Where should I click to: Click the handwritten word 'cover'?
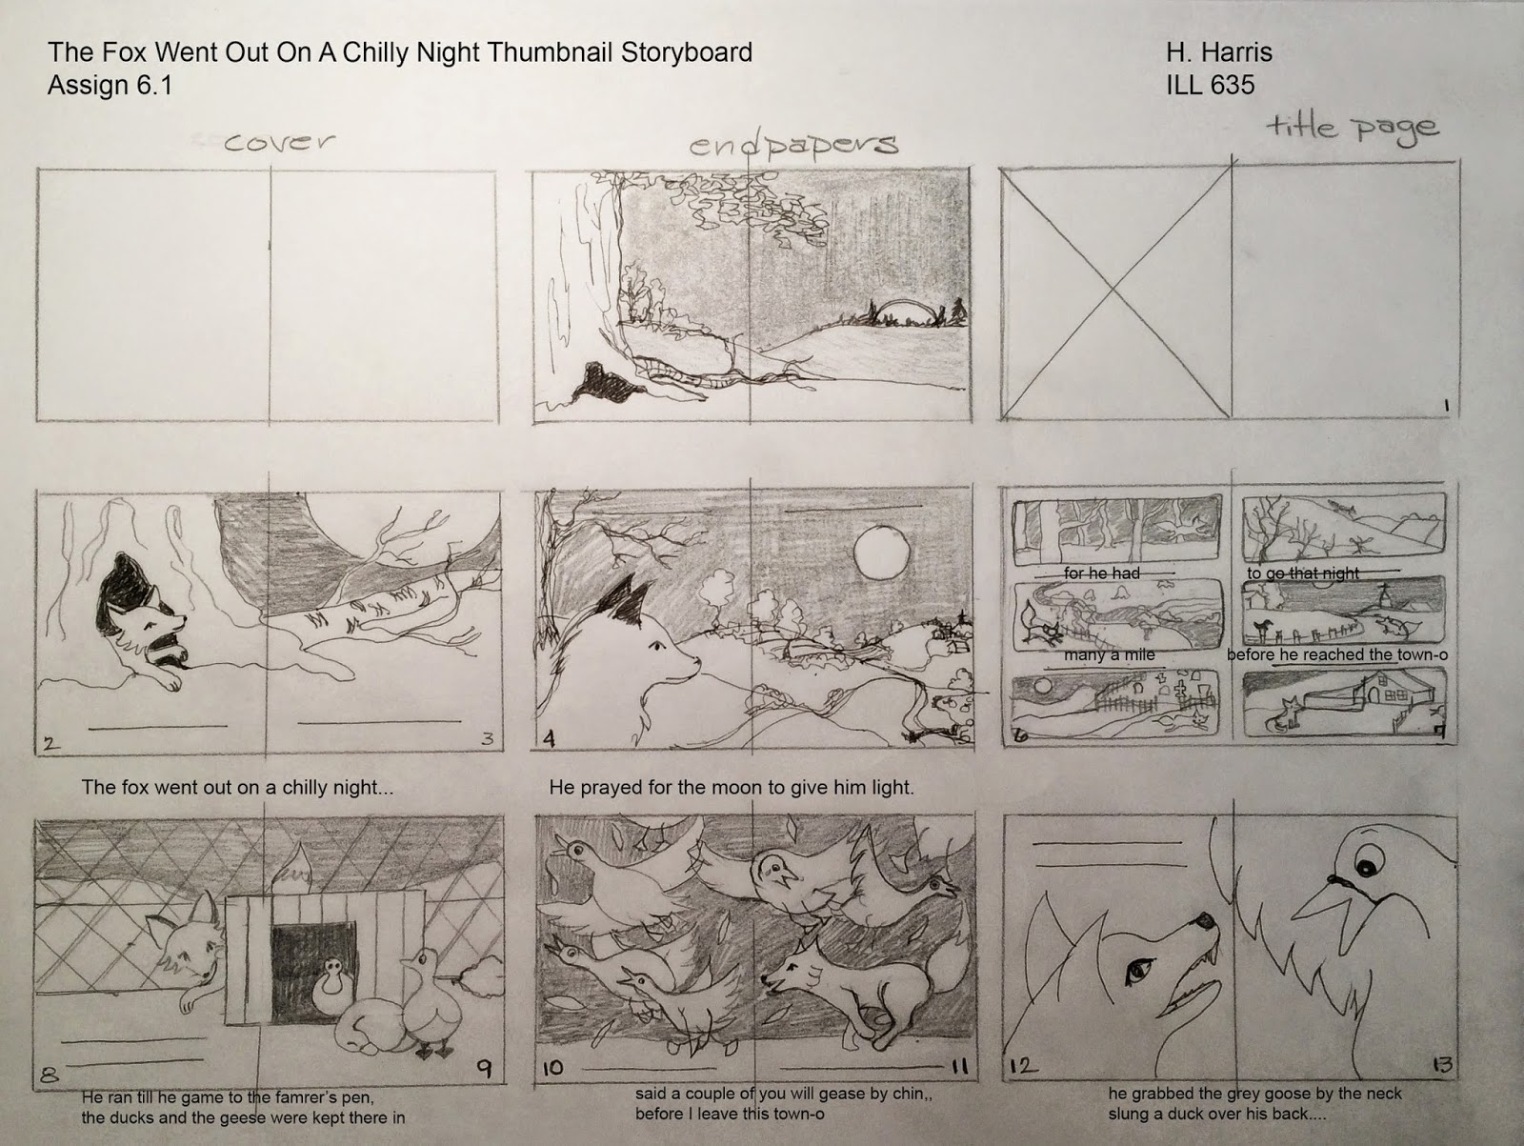pos(279,142)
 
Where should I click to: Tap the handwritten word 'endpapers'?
pos(793,144)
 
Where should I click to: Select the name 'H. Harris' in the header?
pos(1219,52)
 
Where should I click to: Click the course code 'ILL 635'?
pos(1211,86)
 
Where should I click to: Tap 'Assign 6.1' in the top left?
pos(110,86)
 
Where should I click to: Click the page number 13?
pos(1441,1065)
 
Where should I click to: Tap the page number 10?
pos(553,1067)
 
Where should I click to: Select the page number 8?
pos(50,1076)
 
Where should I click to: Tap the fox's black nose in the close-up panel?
pos(1205,922)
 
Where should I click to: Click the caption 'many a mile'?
pos(1110,654)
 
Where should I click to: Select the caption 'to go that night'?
pos(1303,573)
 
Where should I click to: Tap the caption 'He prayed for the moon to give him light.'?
pos(732,787)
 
